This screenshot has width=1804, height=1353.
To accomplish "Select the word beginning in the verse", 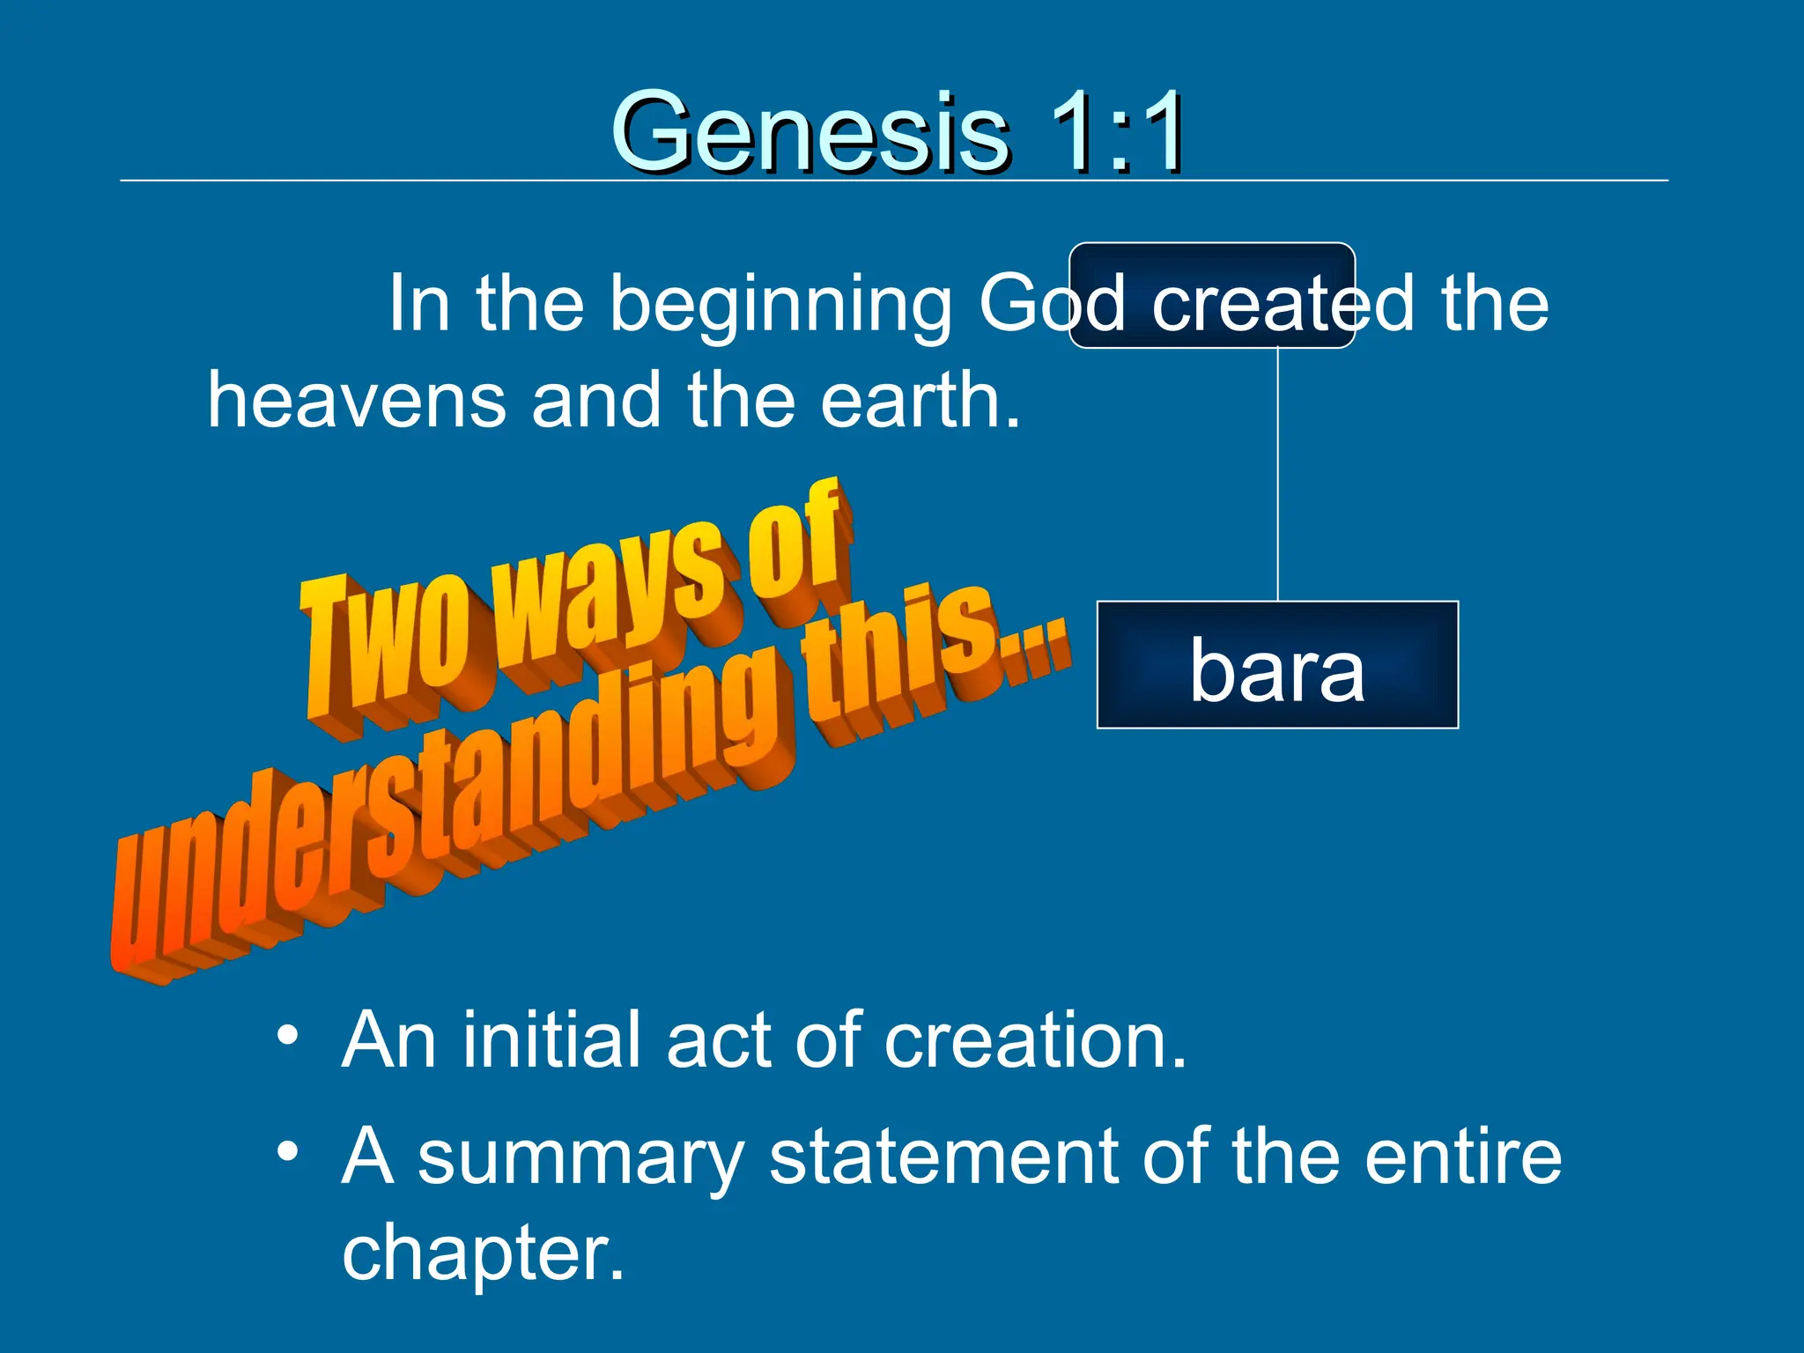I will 780,304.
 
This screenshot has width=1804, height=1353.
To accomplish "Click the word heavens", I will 356,400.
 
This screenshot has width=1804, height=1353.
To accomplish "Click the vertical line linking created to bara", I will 1277,476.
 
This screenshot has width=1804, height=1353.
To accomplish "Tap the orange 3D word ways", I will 617,590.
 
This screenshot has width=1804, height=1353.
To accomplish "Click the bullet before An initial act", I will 287,1034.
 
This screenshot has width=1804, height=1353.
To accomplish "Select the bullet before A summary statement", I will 287,1150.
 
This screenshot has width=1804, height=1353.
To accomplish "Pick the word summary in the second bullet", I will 581,1157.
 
